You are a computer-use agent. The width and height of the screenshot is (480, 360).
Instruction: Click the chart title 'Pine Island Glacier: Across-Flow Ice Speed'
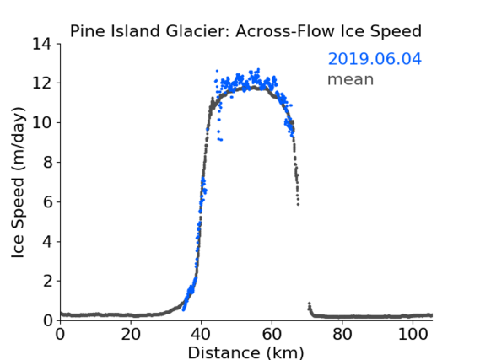tap(245, 31)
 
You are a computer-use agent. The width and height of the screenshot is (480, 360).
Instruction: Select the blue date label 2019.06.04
tap(375, 59)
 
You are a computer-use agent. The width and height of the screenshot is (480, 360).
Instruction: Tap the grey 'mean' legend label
tap(351, 79)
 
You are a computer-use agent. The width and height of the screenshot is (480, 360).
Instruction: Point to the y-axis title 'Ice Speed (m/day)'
tap(18, 182)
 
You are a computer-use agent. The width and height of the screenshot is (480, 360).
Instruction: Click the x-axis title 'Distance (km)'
tap(245, 352)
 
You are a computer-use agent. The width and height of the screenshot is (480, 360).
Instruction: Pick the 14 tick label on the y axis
tap(42, 44)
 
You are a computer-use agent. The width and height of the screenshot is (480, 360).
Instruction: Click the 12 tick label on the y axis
tap(42, 83)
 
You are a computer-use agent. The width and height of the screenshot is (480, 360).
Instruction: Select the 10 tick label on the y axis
tap(42, 122)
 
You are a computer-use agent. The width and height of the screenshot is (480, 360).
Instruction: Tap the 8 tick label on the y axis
tap(47, 162)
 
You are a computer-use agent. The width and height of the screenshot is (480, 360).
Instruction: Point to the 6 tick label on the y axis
tap(47, 201)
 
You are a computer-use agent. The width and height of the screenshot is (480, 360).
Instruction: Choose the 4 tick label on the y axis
tap(47, 242)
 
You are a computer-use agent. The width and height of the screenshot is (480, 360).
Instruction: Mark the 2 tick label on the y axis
tap(47, 281)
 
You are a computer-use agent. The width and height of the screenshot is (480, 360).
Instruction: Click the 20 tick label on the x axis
tap(131, 334)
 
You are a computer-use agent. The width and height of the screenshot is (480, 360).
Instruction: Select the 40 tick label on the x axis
tap(201, 334)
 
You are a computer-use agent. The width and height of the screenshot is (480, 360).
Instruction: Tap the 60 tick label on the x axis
tap(272, 334)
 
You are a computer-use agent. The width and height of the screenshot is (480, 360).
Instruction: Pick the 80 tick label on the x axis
tap(342, 334)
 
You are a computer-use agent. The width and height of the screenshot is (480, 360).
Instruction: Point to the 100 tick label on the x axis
tap(413, 334)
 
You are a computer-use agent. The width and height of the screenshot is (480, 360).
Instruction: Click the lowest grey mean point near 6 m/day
tap(298, 204)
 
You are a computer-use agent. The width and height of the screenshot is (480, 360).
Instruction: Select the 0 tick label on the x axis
tap(60, 334)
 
